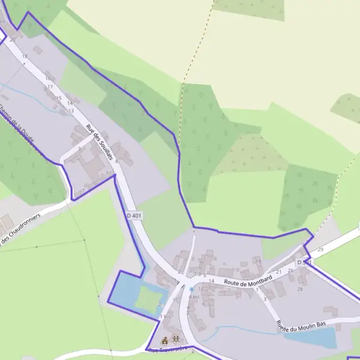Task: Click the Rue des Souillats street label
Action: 100,143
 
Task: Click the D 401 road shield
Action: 134,215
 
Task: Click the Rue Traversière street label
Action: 167,348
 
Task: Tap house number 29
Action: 320,250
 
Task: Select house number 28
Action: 300,289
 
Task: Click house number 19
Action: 258,261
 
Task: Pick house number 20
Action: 13,40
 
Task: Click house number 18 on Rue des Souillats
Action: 25,56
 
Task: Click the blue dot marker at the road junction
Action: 191,289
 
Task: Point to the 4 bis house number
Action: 194,296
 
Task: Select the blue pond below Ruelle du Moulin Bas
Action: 312,337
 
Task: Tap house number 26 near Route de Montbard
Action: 290,271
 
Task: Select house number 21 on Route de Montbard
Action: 278,272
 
